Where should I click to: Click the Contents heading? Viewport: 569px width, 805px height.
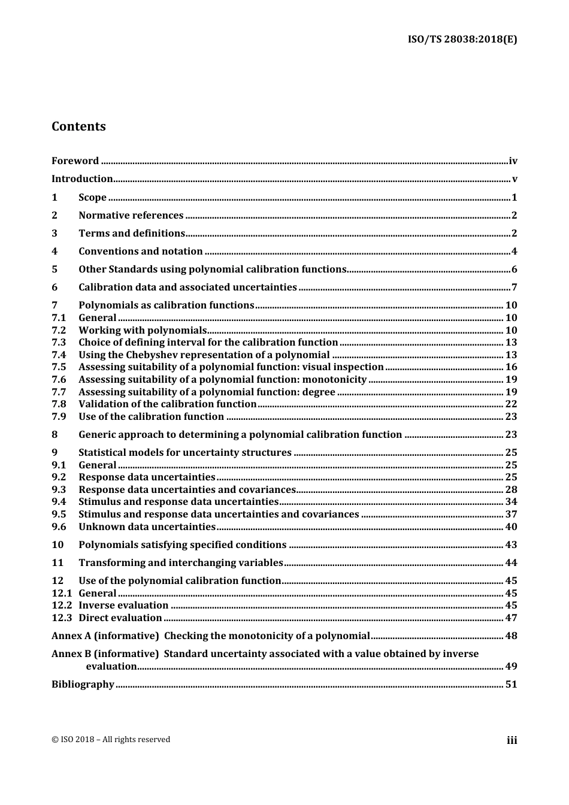coord(78,126)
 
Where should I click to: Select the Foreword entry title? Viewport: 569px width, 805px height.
coord(75,161)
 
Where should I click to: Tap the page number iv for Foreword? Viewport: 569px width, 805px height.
coord(513,161)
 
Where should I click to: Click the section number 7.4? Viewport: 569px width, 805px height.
coord(59,355)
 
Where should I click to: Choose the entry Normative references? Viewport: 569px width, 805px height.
coord(131,215)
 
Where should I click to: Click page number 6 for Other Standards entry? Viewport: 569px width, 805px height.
coord(514,269)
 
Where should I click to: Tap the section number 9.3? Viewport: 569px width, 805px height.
coord(59,489)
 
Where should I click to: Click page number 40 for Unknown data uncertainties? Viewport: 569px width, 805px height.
coord(511,526)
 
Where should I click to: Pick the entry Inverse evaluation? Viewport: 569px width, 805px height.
coord(123,605)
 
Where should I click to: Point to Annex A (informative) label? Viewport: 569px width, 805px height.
coord(105,635)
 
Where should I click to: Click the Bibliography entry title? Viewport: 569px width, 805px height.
coord(83,684)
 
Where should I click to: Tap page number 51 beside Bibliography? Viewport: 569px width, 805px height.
coord(511,684)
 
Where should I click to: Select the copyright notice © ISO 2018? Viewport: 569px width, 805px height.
coord(111,739)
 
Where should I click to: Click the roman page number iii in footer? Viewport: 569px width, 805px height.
coord(512,740)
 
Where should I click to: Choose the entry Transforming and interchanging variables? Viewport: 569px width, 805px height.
coord(180,562)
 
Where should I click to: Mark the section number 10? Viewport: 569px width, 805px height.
coord(57,544)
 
